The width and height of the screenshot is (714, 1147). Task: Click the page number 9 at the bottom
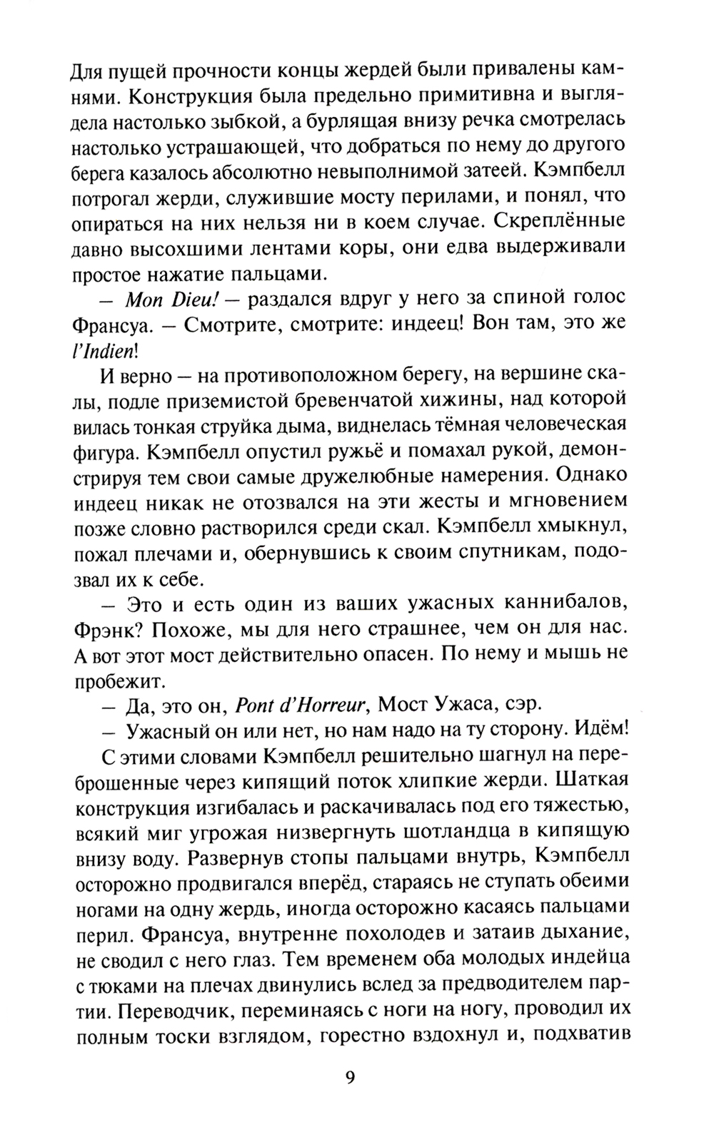click(349, 1096)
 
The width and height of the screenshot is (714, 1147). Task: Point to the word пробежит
click(113, 678)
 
